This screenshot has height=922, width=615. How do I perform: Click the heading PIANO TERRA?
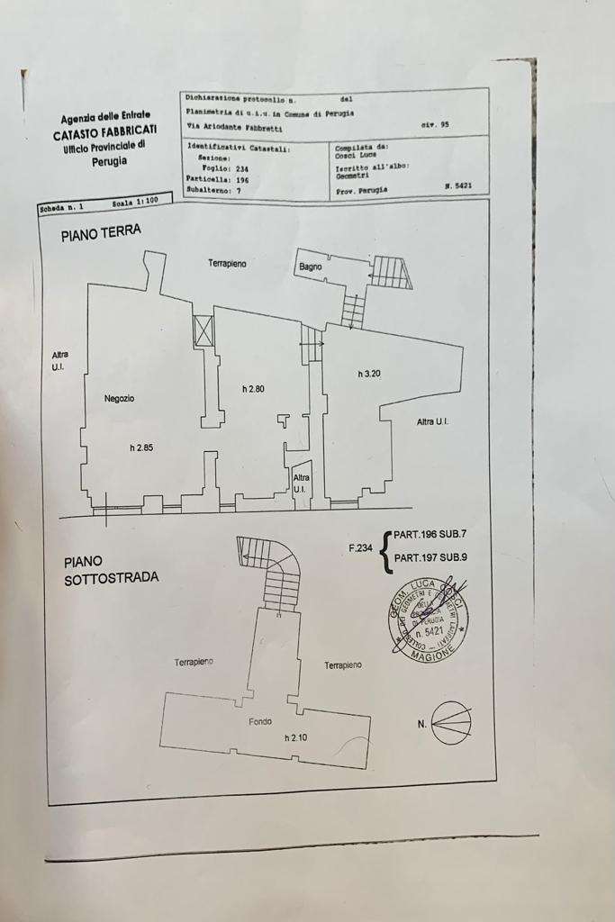(x=101, y=232)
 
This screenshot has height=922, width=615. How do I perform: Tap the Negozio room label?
(x=119, y=398)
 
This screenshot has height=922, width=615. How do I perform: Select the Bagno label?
(x=312, y=267)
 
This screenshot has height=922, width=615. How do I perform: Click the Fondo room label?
(x=260, y=721)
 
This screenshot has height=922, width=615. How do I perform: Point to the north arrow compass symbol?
(x=450, y=722)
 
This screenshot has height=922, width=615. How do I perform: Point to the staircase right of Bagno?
(x=392, y=272)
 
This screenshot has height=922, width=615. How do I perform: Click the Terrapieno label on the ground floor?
(x=228, y=263)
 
